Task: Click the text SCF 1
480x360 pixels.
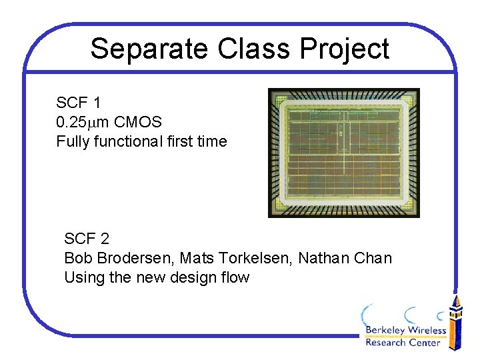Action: [x=79, y=103]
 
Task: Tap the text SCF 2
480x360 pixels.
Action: [x=87, y=238]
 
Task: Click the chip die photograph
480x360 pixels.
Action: [x=343, y=153]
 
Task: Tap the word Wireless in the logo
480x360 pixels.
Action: [x=427, y=331]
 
